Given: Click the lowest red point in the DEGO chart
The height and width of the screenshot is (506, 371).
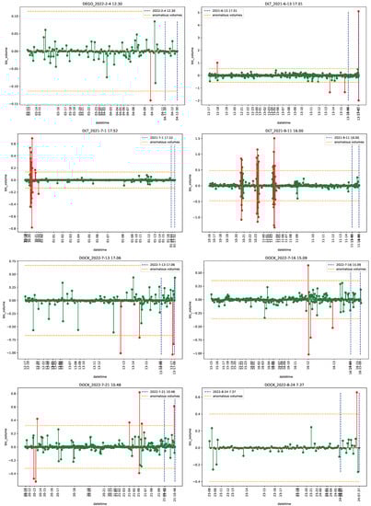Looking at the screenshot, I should [x=150, y=100].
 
